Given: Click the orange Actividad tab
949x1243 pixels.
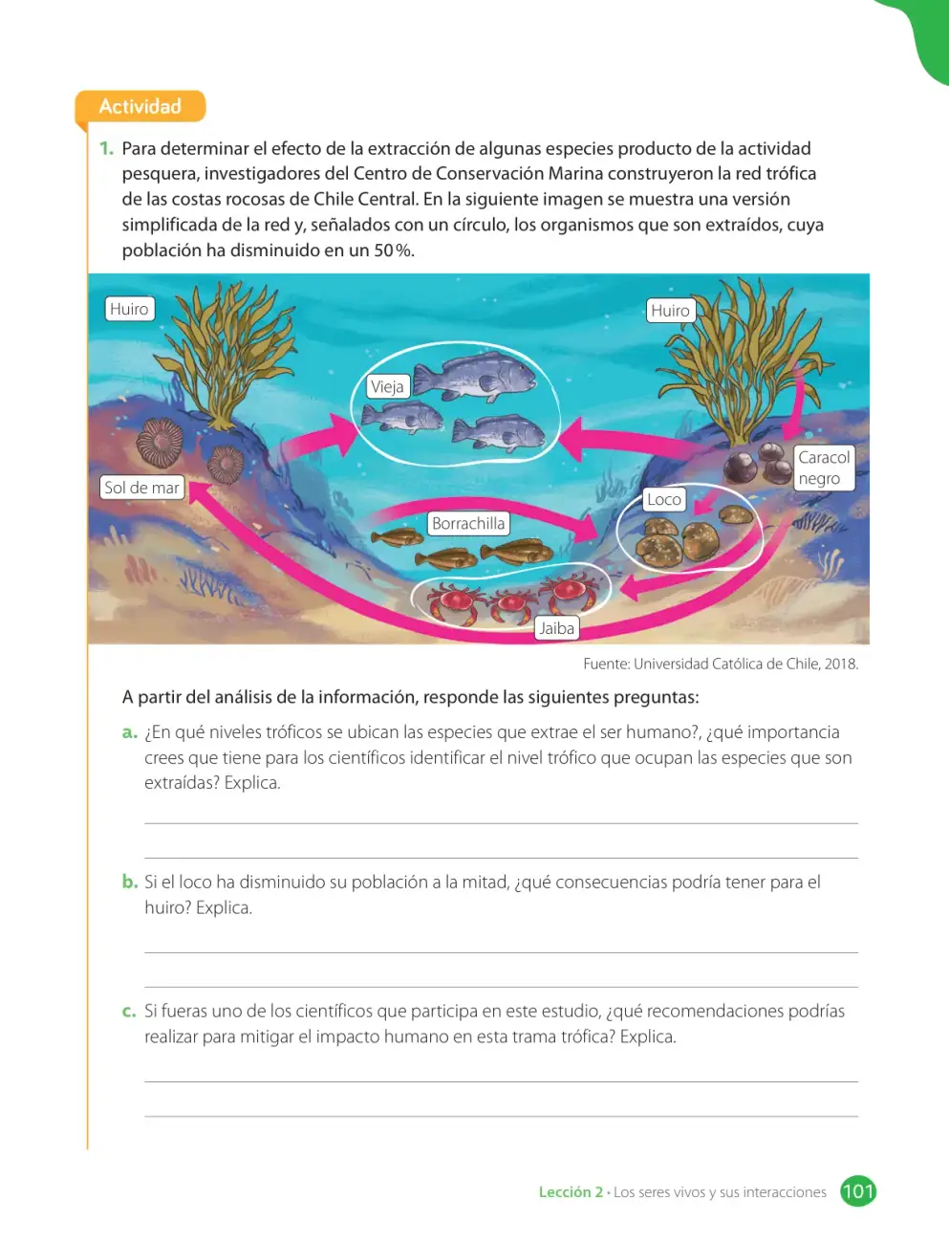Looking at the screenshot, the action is click(140, 106).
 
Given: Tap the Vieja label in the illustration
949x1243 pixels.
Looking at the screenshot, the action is click(388, 387).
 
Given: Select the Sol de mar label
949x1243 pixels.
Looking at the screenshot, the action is click(141, 488).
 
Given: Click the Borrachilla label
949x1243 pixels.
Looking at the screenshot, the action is click(468, 523).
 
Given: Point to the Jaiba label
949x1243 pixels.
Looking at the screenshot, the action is click(557, 628).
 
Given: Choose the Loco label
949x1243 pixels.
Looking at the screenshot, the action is click(664, 499).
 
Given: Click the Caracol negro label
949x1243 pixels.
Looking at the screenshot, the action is click(824, 468).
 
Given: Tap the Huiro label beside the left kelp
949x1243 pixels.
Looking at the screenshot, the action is click(130, 309).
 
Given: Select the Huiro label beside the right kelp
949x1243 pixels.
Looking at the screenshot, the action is click(671, 311).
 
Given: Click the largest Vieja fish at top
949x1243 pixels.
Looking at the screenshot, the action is click(474, 376).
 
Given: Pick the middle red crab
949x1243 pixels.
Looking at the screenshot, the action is click(511, 604).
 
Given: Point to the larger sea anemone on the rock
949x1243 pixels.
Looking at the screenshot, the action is click(161, 444).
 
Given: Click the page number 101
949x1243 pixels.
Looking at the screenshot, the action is click(858, 1191).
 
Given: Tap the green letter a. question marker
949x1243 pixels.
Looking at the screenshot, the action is click(130, 732).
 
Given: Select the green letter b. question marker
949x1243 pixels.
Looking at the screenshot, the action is click(130, 882).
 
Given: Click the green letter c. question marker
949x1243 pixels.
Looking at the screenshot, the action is click(129, 1011).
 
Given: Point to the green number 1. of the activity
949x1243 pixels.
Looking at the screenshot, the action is click(106, 148).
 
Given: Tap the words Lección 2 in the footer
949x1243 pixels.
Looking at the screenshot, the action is click(571, 1192).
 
